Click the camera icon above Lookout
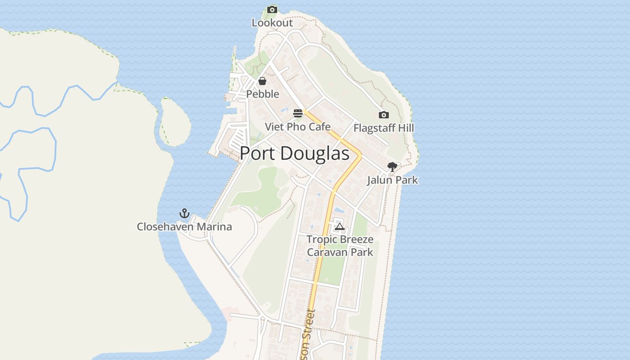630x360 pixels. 272,9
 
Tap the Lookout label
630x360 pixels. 272,22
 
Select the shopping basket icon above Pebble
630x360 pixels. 262,81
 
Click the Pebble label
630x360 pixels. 262,94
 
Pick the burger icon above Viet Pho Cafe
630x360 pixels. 298,113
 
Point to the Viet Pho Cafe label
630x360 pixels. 297,127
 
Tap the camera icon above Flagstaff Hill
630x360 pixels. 383,115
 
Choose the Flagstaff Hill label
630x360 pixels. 383,128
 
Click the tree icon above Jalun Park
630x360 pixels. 392,167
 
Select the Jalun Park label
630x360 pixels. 392,180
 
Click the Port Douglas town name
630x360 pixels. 294,154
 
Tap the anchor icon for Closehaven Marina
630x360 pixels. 184,213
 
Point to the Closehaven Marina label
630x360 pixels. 184,226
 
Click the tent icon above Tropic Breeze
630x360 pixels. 340,226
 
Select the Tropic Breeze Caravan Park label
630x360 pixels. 340,246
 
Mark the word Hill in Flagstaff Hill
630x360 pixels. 405,128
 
